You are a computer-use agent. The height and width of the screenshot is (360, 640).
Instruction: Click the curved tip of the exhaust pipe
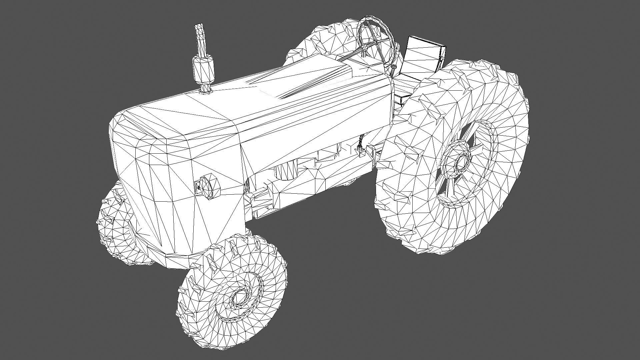199,29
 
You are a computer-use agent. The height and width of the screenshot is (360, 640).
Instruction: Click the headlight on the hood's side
208,187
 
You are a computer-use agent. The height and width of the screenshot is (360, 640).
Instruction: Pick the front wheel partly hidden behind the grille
113,227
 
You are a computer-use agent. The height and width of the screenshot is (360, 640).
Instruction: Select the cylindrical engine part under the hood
285,170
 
